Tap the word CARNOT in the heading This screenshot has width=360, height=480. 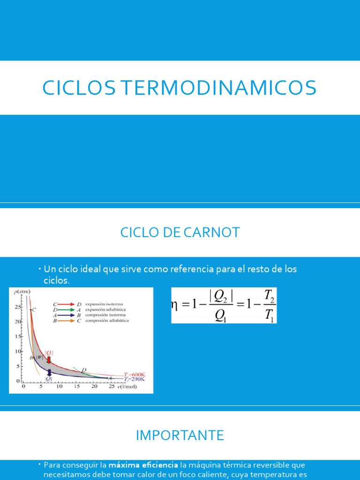[x=210, y=232]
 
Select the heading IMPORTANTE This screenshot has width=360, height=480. [x=180, y=435]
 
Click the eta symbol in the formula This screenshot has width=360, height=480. [x=175, y=305]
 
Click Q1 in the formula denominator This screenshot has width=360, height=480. [x=219, y=316]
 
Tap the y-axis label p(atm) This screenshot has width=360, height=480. [x=22, y=292]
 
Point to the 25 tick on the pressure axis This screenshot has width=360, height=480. [x=18, y=307]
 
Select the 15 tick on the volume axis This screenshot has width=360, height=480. [x=76, y=387]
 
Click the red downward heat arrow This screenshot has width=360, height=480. [x=49, y=359]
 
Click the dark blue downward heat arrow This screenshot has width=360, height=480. [x=49, y=373]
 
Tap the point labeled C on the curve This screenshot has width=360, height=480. [x=33, y=309]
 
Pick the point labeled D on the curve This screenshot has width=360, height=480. [x=83, y=370]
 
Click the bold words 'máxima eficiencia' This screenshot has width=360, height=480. [x=143, y=465]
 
